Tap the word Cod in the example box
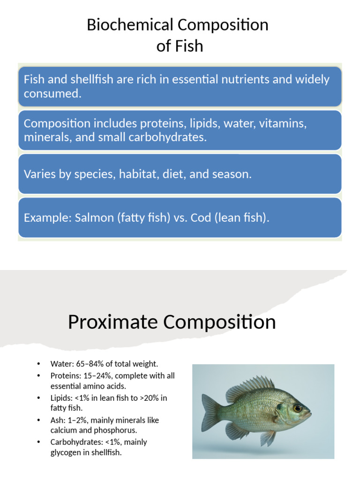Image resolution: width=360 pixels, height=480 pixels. [201, 218]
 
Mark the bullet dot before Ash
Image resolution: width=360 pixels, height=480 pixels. [39, 420]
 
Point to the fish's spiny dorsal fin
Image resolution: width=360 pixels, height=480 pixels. [251, 387]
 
